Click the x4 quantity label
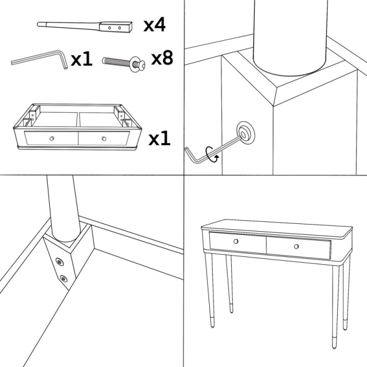155,24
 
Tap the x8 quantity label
162,58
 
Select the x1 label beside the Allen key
81,59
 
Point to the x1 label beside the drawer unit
159,138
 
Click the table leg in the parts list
84,26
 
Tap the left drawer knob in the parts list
51,138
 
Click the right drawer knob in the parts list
104,138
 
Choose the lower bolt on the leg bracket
64,279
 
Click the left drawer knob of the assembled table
236,241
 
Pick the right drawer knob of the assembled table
296,247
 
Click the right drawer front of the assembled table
298,247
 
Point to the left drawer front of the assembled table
238,242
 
